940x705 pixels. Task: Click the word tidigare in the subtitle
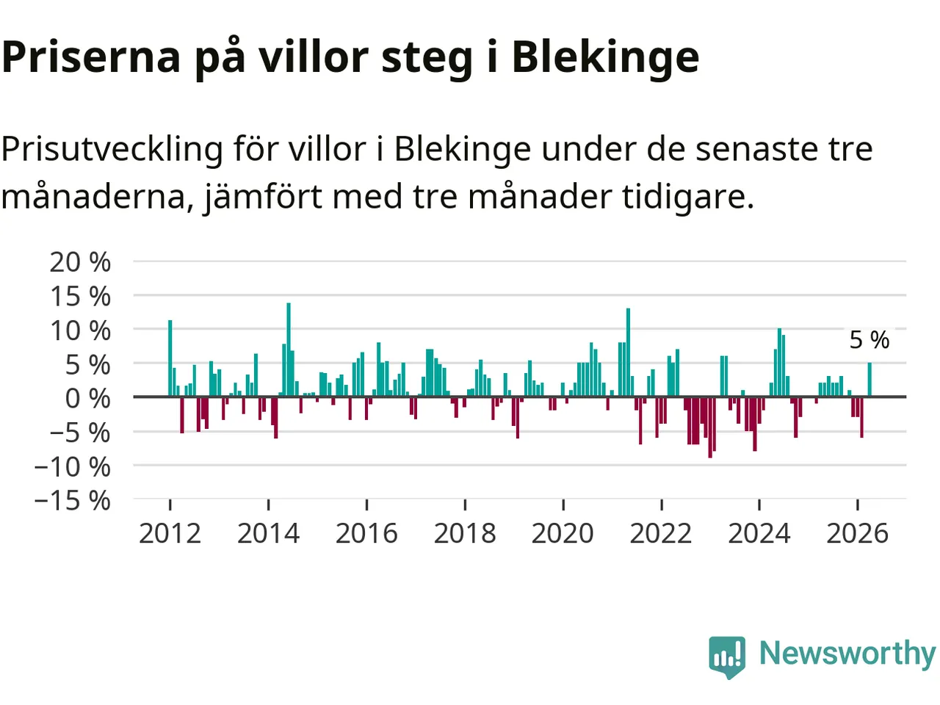tap(687, 197)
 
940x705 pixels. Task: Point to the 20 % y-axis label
tap(80, 262)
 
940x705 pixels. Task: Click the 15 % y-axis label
tap(80, 296)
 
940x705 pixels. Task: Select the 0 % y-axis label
tap(88, 398)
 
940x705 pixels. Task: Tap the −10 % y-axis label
tap(73, 466)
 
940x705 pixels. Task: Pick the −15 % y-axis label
tap(73, 500)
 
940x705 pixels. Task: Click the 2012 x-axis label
tap(170, 534)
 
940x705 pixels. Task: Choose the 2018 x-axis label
tap(465, 534)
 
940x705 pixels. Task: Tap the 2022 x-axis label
tap(661, 534)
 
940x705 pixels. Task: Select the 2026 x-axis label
tap(857, 534)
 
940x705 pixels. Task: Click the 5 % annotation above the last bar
tap(869, 340)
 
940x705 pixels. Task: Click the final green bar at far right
tap(869, 380)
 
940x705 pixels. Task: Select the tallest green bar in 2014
tap(289, 350)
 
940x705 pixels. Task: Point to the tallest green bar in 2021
tap(628, 352)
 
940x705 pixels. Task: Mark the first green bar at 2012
tap(170, 358)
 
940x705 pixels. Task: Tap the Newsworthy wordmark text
tap(847, 653)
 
